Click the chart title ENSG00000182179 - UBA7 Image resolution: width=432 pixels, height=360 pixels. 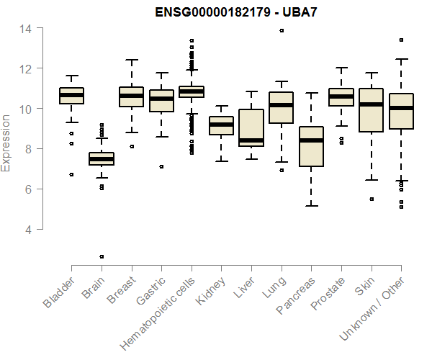(237, 12)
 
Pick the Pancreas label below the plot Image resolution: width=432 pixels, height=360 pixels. (297, 295)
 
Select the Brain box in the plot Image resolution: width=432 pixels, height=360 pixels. (102, 159)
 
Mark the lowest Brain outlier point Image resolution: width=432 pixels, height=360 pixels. (102, 256)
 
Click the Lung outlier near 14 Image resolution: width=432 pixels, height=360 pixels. (282, 31)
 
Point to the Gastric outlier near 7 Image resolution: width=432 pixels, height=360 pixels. (161, 166)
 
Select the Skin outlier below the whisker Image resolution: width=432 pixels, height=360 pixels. (372, 199)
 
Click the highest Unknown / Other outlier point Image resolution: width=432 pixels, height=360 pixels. (401, 40)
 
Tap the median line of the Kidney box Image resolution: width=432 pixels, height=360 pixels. (221, 125)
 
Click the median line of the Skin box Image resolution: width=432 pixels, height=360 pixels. (372, 104)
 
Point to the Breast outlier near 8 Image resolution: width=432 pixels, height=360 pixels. (131, 146)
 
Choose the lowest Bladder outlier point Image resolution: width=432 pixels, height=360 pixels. (71, 174)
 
